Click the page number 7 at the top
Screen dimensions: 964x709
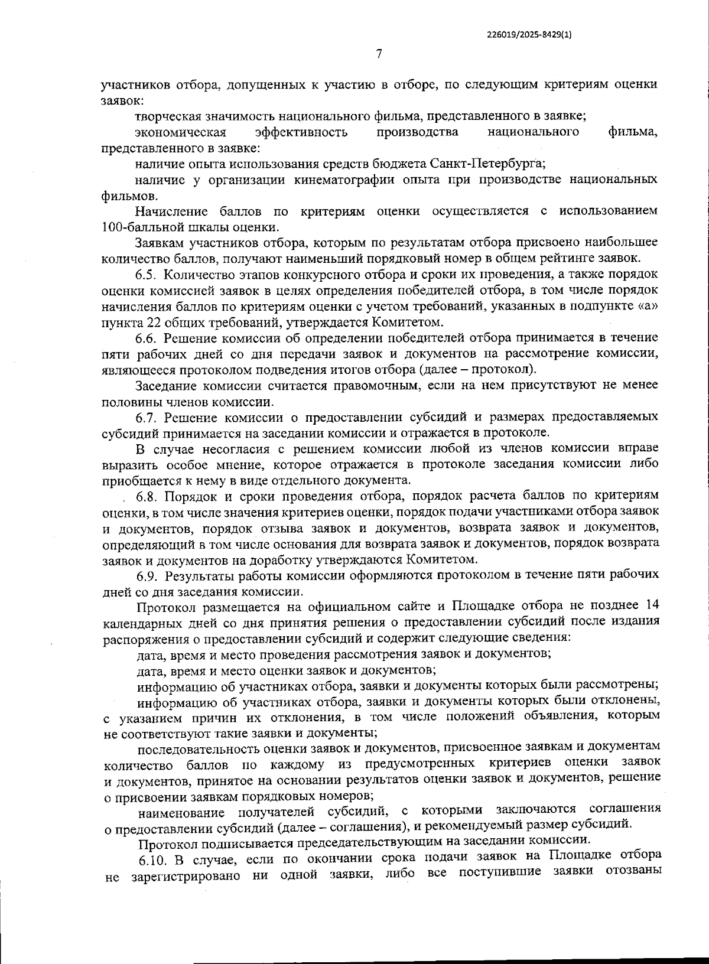tap(379, 55)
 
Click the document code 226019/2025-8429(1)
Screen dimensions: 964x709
tap(529, 35)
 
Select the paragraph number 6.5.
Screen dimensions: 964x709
tap(147, 275)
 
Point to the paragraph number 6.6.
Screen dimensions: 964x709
tap(147, 338)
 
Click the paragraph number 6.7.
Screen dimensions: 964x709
tap(148, 418)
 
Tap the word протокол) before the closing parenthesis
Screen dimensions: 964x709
tap(513, 370)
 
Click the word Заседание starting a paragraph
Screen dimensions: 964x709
tap(168, 386)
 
